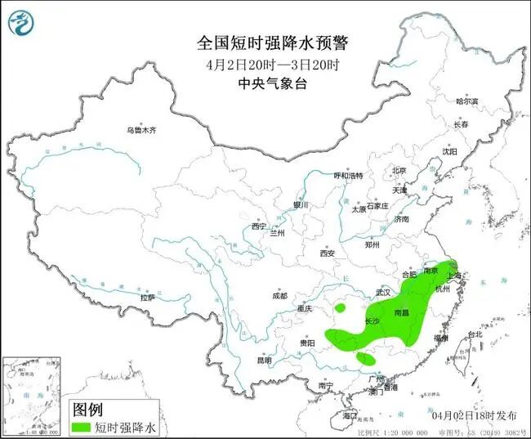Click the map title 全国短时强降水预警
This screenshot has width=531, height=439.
[265, 43]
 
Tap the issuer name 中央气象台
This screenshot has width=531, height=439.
[265, 83]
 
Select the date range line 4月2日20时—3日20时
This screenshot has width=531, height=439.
[265, 64]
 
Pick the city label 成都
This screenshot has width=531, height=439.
[279, 295]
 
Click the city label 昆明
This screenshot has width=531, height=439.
[264, 360]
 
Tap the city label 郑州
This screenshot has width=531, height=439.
[373, 244]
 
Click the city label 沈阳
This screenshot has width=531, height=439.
[449, 151]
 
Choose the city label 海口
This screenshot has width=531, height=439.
[350, 415]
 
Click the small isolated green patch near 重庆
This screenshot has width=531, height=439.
[341, 309]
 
